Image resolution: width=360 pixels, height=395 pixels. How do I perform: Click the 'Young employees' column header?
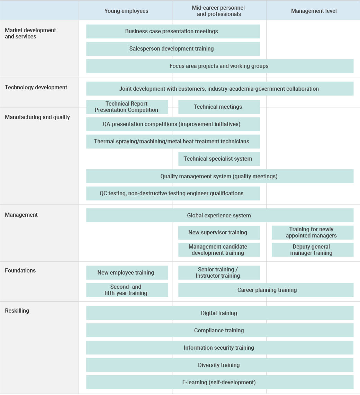(126, 11)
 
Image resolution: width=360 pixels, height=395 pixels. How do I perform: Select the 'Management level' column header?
(314, 11)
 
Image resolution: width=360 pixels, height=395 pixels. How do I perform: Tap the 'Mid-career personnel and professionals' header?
(219, 11)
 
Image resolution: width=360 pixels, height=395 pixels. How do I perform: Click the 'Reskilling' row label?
(17, 311)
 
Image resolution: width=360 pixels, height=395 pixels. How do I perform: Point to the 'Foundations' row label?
(20, 270)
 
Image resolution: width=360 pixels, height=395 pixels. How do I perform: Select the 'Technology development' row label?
(36, 87)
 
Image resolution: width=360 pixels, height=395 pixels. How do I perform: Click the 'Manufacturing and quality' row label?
(37, 117)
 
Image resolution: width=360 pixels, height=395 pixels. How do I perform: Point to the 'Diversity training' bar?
(219, 365)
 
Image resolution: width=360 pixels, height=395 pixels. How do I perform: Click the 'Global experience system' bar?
(219, 215)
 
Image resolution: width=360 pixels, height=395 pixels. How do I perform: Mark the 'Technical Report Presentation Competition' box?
(126, 107)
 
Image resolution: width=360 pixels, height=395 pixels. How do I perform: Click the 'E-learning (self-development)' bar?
(219, 382)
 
